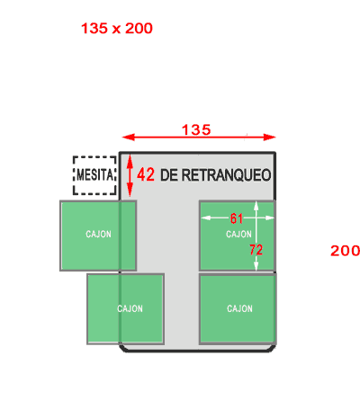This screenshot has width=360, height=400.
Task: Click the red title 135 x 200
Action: tap(117, 29)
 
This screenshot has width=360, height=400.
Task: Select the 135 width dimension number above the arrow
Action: tap(196, 129)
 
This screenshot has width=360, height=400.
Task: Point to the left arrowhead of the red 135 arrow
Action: tap(129, 138)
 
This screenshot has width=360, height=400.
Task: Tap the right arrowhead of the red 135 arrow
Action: tap(269, 138)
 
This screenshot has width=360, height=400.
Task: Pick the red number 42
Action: tap(146, 174)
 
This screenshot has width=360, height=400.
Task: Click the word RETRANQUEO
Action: tap(226, 175)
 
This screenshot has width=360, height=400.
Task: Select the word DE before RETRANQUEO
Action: tap(169, 175)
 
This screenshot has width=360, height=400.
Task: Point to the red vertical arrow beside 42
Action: tap(130, 175)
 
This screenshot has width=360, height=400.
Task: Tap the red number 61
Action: tap(237, 218)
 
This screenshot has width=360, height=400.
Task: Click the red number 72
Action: tap(256, 250)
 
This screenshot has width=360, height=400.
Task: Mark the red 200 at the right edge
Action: tap(345, 251)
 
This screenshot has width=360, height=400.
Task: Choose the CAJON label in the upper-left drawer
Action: tap(98, 234)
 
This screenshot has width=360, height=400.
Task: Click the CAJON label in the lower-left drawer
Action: tap(130, 308)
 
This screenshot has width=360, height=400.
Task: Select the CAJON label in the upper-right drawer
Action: tap(238, 234)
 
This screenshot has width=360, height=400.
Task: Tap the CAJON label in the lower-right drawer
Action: tap(239, 308)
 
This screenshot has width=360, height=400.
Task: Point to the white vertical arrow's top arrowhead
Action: tap(256, 206)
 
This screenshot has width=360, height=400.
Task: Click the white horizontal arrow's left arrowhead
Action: tap(205, 218)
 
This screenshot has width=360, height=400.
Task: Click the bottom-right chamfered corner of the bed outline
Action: tap(273, 348)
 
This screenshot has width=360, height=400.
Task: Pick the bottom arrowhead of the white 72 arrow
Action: tap(256, 266)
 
